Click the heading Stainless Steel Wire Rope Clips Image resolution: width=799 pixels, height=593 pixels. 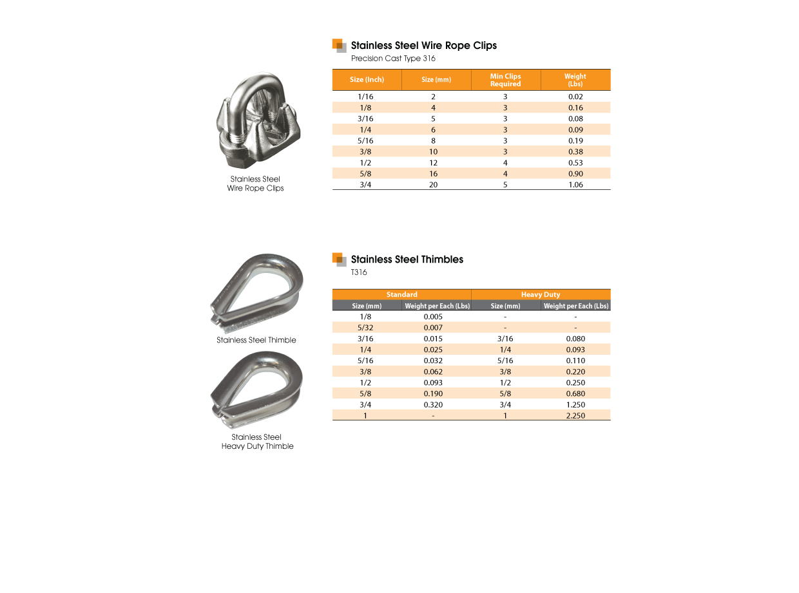coord(423,46)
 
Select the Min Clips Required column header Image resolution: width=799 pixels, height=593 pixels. coord(505,80)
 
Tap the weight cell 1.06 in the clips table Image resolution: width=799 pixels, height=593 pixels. coord(575,185)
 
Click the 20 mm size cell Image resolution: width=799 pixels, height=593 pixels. coord(433,185)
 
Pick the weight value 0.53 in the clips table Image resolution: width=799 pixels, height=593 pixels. coord(575,163)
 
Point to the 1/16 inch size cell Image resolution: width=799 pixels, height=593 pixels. coord(365,97)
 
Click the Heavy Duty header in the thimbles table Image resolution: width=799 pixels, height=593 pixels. coord(541,295)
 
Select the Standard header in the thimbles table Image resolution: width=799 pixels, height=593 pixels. coord(401,295)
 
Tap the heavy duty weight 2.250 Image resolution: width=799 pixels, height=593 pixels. coord(575,416)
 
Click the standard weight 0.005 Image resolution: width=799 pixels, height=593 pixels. coord(433,317)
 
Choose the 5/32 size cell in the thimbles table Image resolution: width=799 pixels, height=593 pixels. coord(365,328)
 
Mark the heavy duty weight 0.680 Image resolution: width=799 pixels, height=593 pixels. coord(575,393)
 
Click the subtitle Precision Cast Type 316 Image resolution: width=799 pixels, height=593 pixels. coord(393,59)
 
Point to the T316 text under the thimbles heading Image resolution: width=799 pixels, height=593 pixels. coord(359,272)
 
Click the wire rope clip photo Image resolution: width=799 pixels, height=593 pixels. coord(255,121)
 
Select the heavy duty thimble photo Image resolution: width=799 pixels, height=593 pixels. coord(256,390)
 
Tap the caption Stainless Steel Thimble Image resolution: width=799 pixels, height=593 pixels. coord(256,340)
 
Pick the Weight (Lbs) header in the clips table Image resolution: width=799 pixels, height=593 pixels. coord(575,80)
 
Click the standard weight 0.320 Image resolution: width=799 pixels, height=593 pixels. coord(433,405)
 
